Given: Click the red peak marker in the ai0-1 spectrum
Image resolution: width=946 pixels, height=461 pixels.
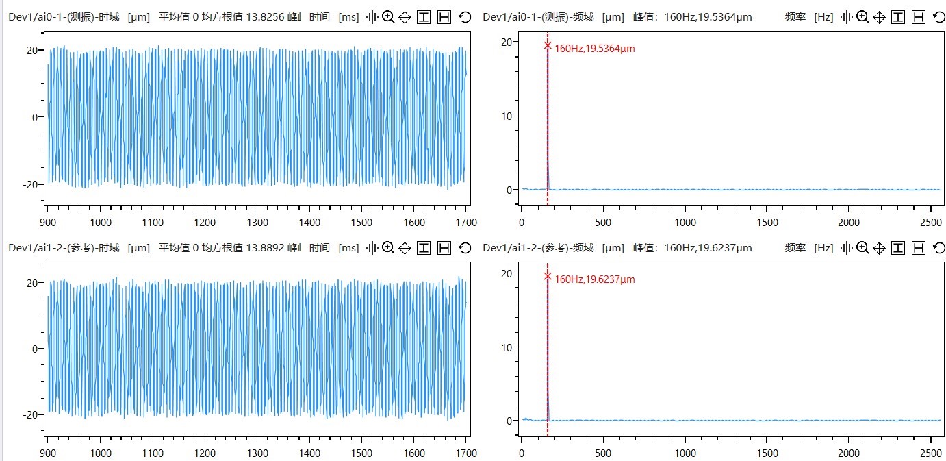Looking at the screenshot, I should coord(548,45).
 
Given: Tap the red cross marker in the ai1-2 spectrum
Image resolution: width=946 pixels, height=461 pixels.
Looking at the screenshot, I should coord(548,276).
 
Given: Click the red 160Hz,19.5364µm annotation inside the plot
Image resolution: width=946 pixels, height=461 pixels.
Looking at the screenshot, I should coord(594,49).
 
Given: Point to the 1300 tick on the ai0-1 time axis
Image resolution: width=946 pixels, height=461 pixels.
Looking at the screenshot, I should coord(257,222).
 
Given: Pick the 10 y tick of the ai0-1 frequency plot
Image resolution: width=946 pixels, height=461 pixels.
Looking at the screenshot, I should coord(506,116).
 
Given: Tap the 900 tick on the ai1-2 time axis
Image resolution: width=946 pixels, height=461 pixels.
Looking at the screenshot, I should coord(48,453).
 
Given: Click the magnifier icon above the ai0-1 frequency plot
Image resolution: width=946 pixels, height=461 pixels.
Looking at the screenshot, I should coord(862,16).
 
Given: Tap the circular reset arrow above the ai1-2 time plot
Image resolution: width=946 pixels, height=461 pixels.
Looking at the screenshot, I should coord(465,247).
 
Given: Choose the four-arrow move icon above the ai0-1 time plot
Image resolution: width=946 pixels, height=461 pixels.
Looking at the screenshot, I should coord(405,16).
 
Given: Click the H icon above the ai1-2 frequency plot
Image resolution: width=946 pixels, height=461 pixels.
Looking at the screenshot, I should coord(919,247).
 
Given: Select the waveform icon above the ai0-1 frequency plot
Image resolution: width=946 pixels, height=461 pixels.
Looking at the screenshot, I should coord(847,16).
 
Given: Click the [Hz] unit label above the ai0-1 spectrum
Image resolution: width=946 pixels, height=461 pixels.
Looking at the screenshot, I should coord(824,16).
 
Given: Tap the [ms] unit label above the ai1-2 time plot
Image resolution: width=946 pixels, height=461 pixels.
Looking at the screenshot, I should coord(348,247).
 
